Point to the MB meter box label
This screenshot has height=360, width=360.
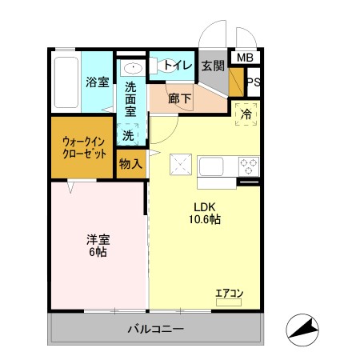(x=245, y=57)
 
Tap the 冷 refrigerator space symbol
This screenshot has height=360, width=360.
(x=246, y=114)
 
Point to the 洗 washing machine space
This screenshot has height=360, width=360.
(x=129, y=135)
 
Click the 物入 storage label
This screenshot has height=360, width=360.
(x=130, y=164)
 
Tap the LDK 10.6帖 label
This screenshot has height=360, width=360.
(x=205, y=212)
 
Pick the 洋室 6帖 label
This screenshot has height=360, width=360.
(x=98, y=245)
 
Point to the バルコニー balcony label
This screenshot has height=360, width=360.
(x=156, y=330)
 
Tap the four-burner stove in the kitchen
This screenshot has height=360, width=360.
(x=249, y=166)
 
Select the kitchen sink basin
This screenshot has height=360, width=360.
(x=213, y=167)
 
